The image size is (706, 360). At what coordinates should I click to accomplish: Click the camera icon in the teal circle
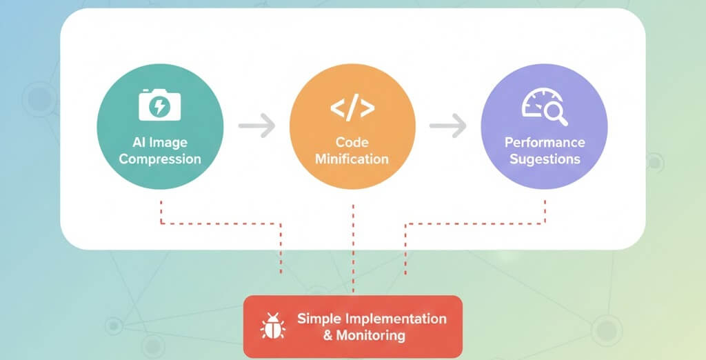(159, 106)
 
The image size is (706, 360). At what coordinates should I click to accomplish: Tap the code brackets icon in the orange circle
(352, 108)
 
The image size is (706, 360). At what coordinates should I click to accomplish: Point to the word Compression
(160, 159)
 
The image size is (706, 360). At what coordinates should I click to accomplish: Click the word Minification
(352, 159)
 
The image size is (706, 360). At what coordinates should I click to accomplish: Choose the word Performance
(545, 142)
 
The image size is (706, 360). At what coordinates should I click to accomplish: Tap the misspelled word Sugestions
(545, 159)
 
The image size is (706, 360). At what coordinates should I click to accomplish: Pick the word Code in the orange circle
(352, 142)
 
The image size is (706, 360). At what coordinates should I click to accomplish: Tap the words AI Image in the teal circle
(159, 142)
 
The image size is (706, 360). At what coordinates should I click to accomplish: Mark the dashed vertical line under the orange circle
(352, 248)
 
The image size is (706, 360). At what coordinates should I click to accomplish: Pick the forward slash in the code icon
(352, 108)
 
